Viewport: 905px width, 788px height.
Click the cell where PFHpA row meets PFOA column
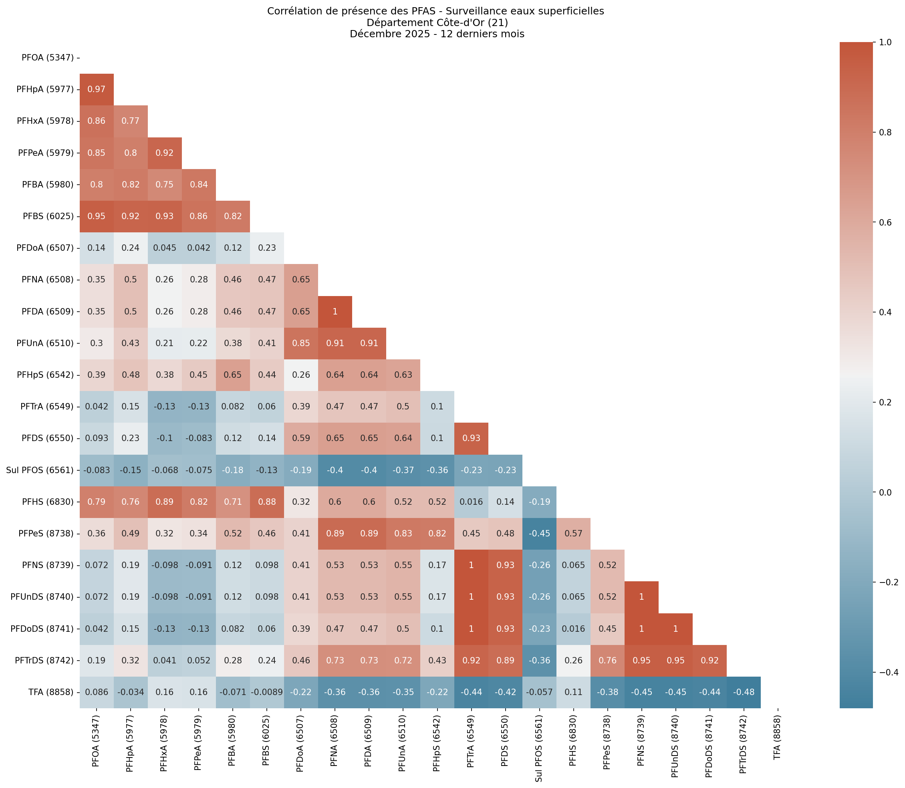(x=96, y=89)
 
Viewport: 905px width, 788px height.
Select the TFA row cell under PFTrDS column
(x=744, y=692)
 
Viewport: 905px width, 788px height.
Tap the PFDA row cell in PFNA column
(x=335, y=312)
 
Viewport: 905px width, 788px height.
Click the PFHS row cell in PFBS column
(x=266, y=502)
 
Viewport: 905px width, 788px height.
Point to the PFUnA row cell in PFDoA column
(x=301, y=343)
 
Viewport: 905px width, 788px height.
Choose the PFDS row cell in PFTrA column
(x=471, y=438)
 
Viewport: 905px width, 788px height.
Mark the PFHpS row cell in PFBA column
(x=233, y=375)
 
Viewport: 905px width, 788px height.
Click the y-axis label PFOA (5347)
(x=48, y=58)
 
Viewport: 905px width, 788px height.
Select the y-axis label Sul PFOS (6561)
(x=40, y=470)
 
